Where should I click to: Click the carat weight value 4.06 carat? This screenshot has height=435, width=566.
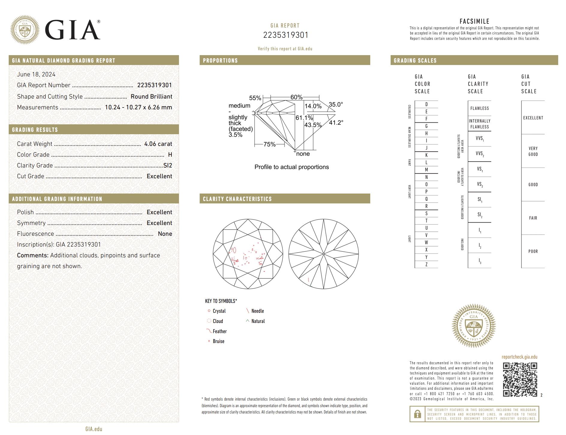click(158, 144)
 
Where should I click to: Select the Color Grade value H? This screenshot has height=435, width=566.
click(170, 155)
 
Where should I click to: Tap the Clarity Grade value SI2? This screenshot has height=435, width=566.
click(168, 165)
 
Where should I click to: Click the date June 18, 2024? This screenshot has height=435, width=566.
click(36, 74)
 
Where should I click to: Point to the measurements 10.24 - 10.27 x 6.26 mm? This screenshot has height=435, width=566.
click(138, 107)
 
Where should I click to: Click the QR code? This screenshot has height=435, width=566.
click(520, 380)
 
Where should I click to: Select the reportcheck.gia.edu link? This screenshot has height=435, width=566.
click(519, 357)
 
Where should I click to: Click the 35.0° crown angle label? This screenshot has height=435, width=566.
click(336, 105)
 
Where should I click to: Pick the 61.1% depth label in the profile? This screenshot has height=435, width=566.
click(304, 118)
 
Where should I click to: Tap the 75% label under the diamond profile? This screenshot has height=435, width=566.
click(269, 144)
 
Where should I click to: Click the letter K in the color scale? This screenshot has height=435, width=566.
click(426, 155)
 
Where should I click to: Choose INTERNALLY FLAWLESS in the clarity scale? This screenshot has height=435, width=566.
click(479, 124)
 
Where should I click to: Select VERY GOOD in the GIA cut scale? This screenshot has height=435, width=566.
click(533, 151)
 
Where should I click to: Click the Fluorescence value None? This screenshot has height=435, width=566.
click(165, 234)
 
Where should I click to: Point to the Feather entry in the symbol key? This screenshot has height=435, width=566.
click(219, 331)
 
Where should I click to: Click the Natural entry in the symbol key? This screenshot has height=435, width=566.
click(258, 321)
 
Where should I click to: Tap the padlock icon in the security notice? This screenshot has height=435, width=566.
click(417, 414)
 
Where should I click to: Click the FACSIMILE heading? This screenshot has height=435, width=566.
click(474, 21)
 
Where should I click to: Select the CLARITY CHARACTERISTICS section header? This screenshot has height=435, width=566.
click(237, 199)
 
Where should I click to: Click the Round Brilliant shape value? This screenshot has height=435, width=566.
click(151, 96)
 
